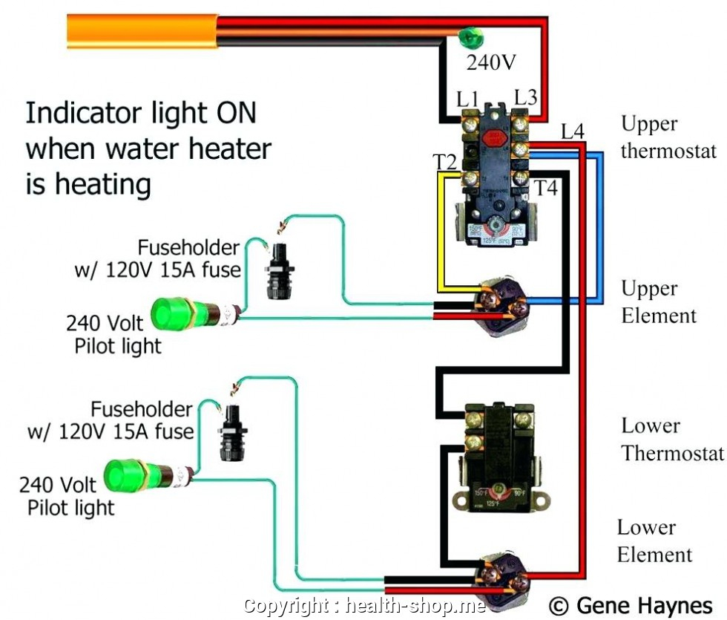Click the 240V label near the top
click(490, 63)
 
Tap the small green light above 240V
click(468, 36)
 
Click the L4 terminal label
click(572, 132)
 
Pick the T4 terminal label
click(546, 189)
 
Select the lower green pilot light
click(129, 476)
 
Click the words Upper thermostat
click(668, 137)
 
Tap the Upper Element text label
click(658, 302)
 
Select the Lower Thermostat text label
click(671, 440)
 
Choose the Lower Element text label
click(654, 541)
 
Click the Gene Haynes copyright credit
click(632, 605)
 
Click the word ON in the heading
click(236, 113)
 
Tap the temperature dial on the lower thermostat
click(499, 490)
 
